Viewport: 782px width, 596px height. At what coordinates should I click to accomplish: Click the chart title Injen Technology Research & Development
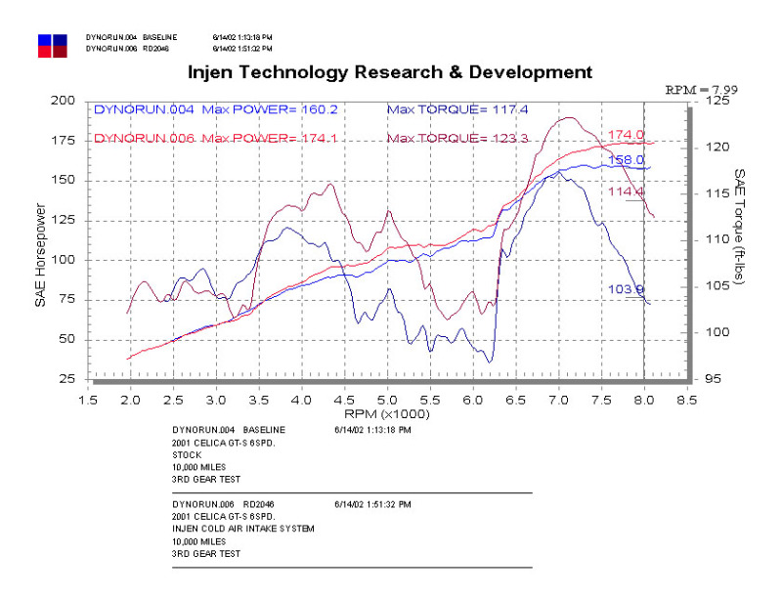(389, 71)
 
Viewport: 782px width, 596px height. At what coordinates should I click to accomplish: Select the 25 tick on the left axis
(66, 379)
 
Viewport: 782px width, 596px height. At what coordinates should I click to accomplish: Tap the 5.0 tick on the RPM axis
(388, 400)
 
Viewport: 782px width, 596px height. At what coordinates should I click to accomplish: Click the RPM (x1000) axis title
(388, 414)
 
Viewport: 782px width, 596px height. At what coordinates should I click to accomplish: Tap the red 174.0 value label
(626, 135)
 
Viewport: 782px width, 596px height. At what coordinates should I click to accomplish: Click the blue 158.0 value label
(626, 159)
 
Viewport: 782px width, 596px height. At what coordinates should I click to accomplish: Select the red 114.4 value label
(626, 192)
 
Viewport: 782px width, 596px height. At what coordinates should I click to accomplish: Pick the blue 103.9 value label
(626, 289)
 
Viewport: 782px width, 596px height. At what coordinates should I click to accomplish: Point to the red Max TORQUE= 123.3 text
(458, 139)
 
